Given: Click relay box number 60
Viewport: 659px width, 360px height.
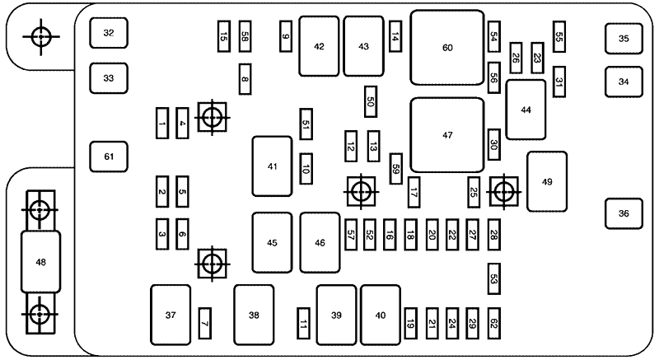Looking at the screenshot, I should [x=447, y=47].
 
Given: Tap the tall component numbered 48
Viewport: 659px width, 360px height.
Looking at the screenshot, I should [x=40, y=262].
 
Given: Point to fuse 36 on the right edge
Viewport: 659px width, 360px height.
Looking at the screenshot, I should [x=624, y=213].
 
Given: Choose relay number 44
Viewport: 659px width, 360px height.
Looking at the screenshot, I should [x=526, y=110].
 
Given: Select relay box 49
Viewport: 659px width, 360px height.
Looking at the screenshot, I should [x=547, y=181].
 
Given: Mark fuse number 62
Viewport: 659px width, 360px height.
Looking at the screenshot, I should [x=493, y=321].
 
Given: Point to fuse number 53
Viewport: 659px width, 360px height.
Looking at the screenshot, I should [x=493, y=280].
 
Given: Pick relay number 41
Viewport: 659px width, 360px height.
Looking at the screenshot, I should [x=272, y=166].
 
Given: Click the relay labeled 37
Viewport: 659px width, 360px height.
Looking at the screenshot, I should [x=171, y=315].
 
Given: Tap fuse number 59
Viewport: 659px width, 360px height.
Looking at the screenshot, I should [x=396, y=168].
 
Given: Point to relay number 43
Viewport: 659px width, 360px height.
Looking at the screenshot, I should [x=363, y=46].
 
